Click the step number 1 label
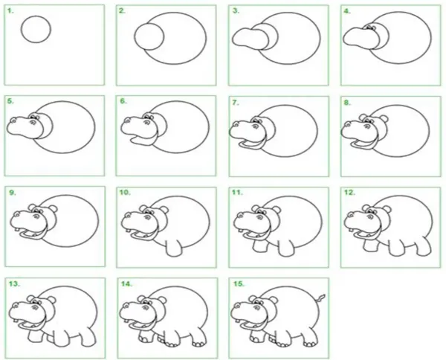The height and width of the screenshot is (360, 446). coord(10,11)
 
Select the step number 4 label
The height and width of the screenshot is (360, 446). coord(347,11)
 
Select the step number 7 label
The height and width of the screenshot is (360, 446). coord(236,103)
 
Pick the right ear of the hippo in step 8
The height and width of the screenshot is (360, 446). coord(384,118)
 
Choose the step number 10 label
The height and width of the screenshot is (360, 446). coord(125,193)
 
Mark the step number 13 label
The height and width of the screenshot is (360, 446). coord(14,283)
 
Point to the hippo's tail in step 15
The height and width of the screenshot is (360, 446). coord(321,298)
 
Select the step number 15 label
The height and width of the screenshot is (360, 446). coord(239,283)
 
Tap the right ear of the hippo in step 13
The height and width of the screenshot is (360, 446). coord(51,300)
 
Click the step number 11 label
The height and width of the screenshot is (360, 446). coord(237,193)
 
